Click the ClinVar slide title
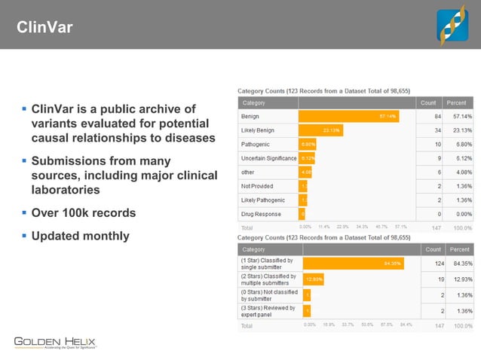pyautogui.click(x=44, y=28)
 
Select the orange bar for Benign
pyautogui.click(x=348, y=117)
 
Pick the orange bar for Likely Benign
pyautogui.click(x=321, y=130)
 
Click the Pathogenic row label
pyautogui.click(x=255, y=144)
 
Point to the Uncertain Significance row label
pyautogui.click(x=268, y=158)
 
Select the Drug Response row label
pyautogui.click(x=260, y=214)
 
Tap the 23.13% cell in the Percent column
pyautogui.click(x=459, y=130)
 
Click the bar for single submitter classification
pyautogui.click(x=353, y=264)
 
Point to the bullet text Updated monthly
pyautogui.click(x=80, y=236)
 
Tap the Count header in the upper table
pyautogui.click(x=428, y=102)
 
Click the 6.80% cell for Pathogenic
pyautogui.click(x=459, y=144)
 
